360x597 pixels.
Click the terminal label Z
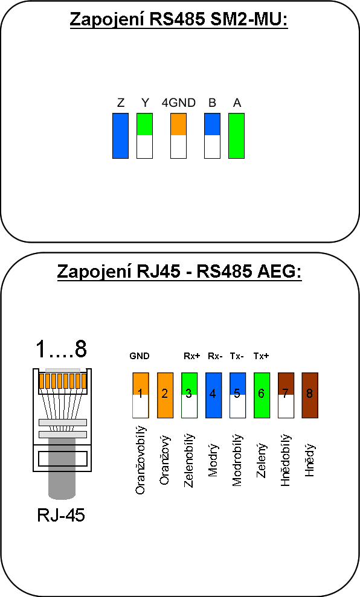pos(121,103)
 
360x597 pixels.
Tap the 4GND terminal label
pos(179,103)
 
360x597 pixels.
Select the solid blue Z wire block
pos(120,136)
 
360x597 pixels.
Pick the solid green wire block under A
pos(236,136)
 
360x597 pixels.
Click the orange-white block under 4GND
pos(179,136)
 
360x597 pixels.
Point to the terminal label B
pos(212,103)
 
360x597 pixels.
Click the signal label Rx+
pos(191,356)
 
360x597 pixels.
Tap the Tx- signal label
pos(237,356)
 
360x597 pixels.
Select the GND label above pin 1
pos(140,356)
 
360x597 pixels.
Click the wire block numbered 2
pos(165,395)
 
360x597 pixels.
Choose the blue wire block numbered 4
pos(213,395)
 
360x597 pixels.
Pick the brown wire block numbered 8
pos(310,395)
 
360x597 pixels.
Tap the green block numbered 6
pos(262,395)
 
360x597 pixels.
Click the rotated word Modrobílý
pos(237,460)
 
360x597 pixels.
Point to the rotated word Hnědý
pos(310,460)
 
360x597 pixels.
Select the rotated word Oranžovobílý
pos(140,460)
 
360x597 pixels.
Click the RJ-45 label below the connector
pos(61,515)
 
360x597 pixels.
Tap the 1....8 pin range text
pos(62,348)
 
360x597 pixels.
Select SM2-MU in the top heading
pos(248,19)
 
